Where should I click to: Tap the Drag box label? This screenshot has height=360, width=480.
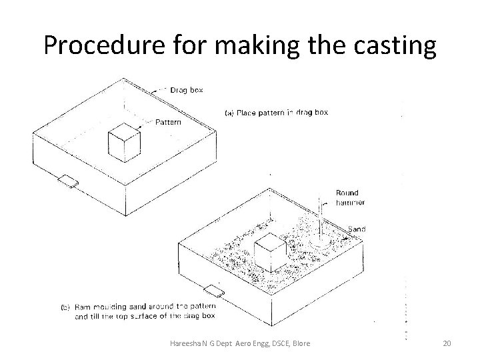point(187,89)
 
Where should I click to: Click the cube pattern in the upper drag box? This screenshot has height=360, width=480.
point(124,142)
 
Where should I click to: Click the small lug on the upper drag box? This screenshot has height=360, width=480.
point(67,181)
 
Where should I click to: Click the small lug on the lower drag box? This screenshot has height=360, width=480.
point(215,291)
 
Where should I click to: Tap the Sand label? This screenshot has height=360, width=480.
point(358,229)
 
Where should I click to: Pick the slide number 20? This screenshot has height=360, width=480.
point(447,343)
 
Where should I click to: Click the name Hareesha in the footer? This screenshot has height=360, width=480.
point(188,343)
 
